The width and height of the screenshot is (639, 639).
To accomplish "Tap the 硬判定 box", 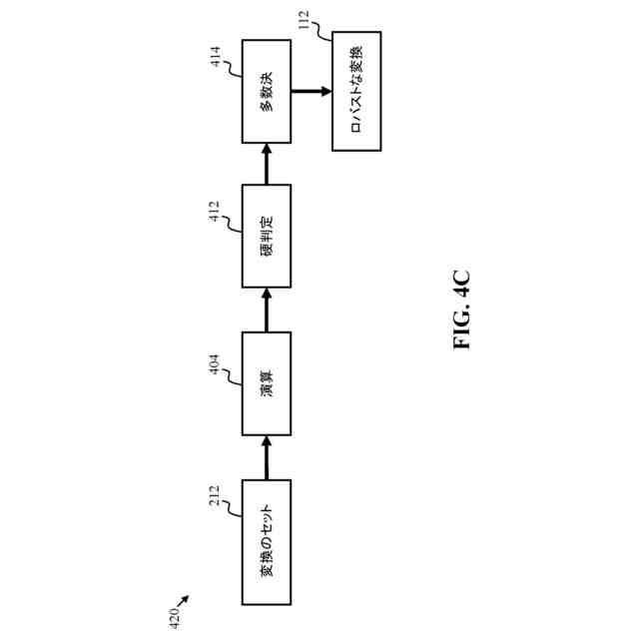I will (x=267, y=237).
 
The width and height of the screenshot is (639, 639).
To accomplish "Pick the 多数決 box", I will (x=267, y=91).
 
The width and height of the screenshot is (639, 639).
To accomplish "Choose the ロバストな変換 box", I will (x=355, y=91).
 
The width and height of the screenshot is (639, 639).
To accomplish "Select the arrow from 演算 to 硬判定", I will (x=267, y=309).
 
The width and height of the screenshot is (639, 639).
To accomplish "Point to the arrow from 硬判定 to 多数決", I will (x=267, y=163).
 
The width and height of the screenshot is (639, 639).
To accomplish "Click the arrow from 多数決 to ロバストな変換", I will (x=311, y=91).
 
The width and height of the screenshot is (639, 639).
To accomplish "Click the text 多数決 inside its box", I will (x=267, y=91).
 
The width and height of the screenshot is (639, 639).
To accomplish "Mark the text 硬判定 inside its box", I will (x=267, y=237).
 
